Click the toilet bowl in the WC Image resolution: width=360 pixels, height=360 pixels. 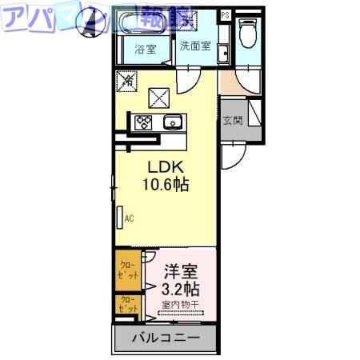[248, 37]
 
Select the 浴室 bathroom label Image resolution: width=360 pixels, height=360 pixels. [145, 47]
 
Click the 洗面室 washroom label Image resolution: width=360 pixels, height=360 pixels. [194, 46]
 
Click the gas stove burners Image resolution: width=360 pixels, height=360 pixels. [145, 122]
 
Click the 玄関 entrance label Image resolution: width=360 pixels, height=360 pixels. [233, 120]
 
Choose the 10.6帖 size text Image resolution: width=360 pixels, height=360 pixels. [166, 185]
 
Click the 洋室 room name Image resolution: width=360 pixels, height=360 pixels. [182, 270]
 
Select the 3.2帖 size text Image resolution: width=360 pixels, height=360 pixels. [182, 287]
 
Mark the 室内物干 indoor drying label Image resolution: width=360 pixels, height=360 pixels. [182, 304]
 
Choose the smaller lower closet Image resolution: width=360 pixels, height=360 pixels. [127, 306]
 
